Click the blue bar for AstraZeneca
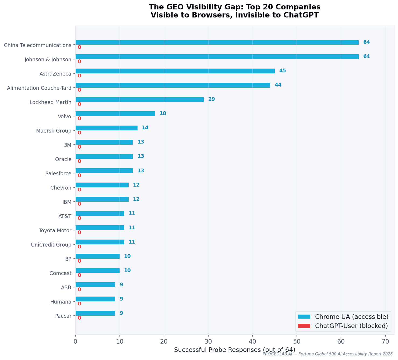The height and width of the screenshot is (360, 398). pyautogui.click(x=175, y=71)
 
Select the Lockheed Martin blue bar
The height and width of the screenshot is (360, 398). pyautogui.click(x=139, y=99)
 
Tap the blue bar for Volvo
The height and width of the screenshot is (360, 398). pyautogui.click(x=115, y=114)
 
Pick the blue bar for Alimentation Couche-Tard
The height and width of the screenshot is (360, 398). pyautogui.click(x=173, y=85)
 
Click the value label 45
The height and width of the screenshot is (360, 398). pyautogui.click(x=282, y=71)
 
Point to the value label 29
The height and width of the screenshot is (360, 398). pyautogui.click(x=212, y=99)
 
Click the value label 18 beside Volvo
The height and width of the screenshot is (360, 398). pyautogui.click(x=163, y=113)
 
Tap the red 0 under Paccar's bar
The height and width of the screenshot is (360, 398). pyautogui.click(x=79, y=318)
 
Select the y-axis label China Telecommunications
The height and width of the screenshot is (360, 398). pyautogui.click(x=38, y=45)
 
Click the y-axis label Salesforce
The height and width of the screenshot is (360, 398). pyautogui.click(x=58, y=174)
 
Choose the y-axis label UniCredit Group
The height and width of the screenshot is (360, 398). pyautogui.click(x=51, y=245)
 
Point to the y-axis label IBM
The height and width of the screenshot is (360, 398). pyautogui.click(x=67, y=202)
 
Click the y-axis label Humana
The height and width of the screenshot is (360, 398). pyautogui.click(x=61, y=302)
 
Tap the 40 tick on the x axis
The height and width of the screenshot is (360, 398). pyautogui.click(x=252, y=341)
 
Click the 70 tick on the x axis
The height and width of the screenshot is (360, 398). pyautogui.click(x=385, y=341)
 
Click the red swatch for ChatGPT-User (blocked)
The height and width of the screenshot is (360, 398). pyautogui.click(x=304, y=326)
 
